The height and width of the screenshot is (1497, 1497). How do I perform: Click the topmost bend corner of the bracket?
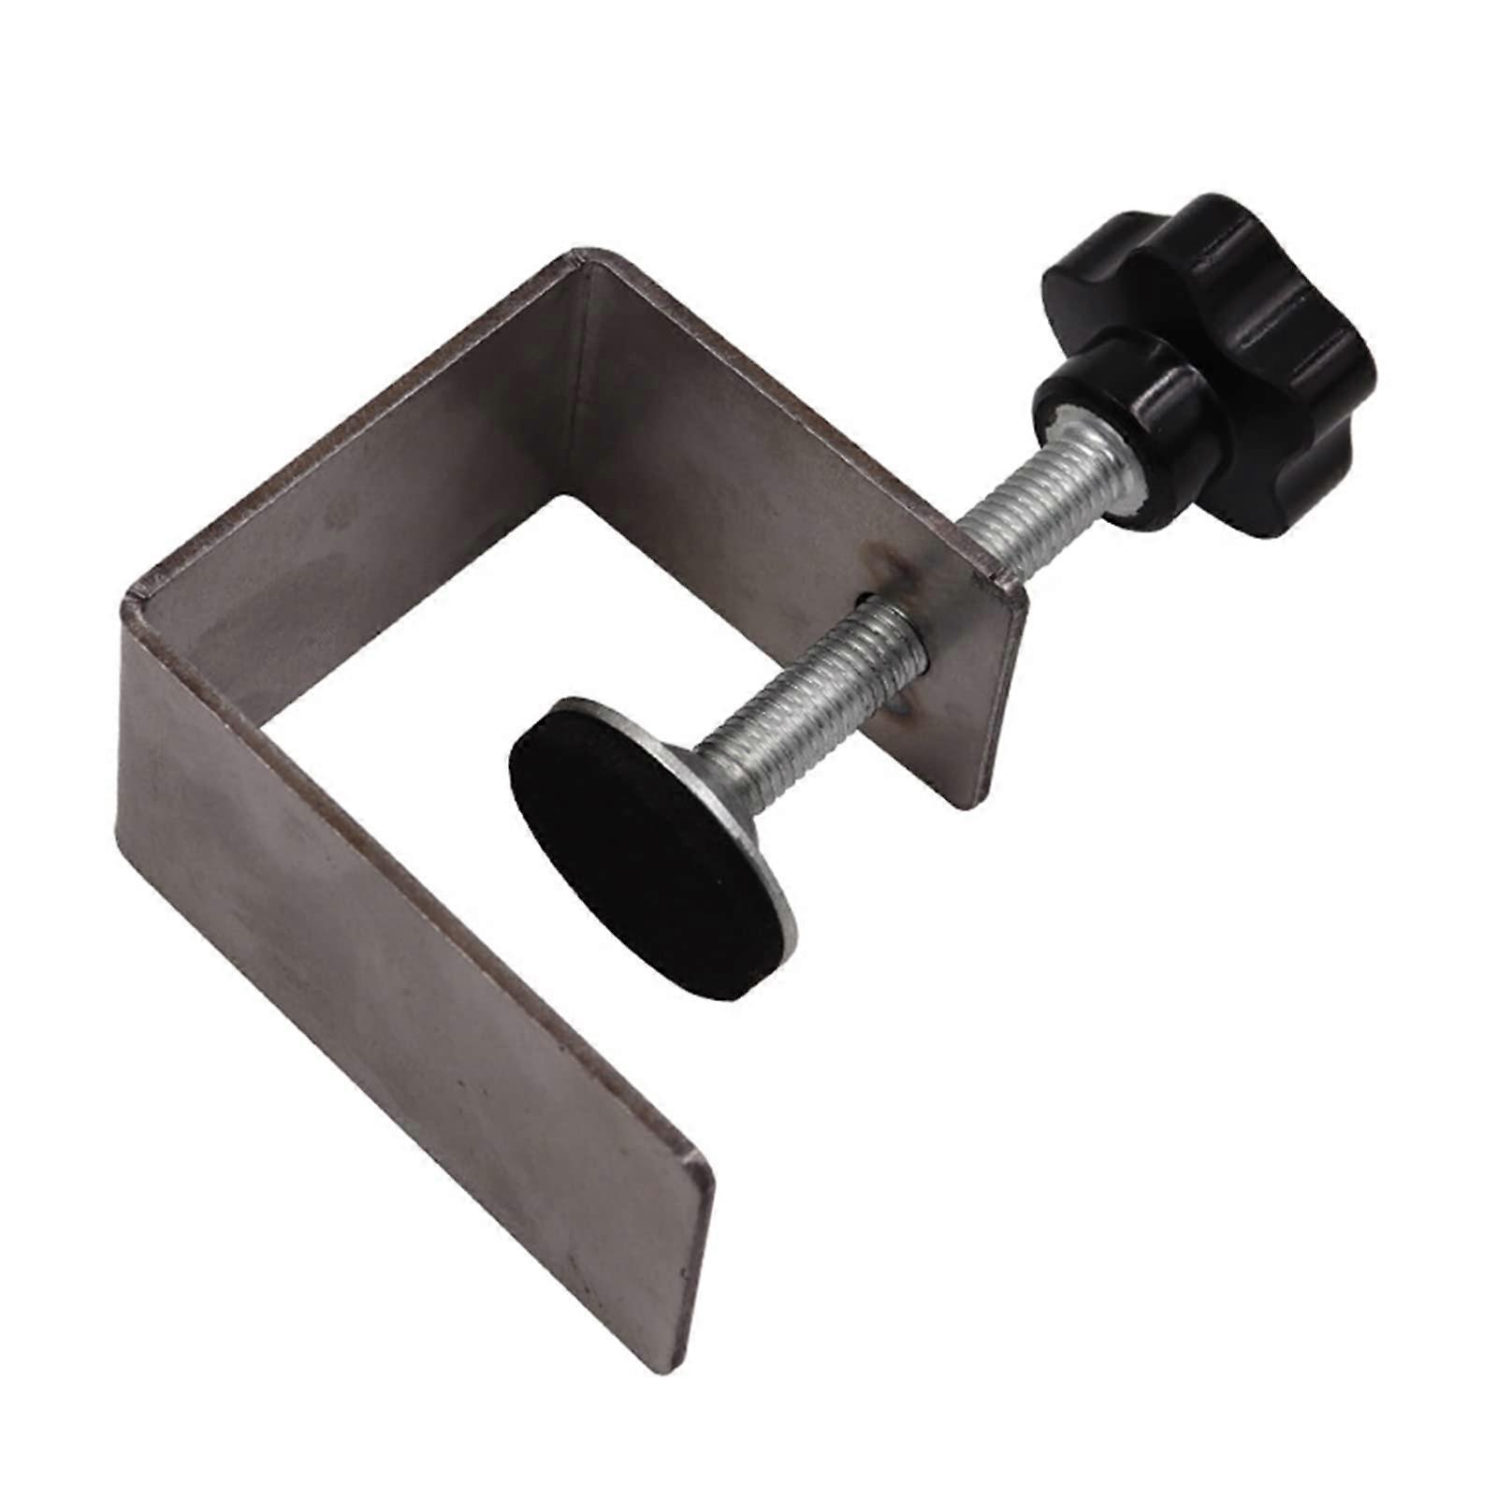click(x=585, y=254)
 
